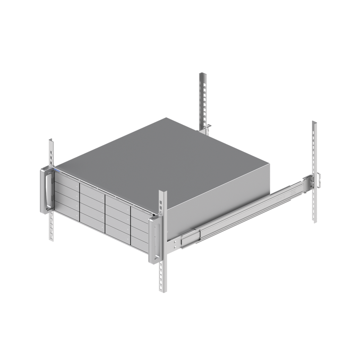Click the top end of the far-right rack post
[x=314, y=124]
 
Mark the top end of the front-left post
[x=51, y=141]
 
